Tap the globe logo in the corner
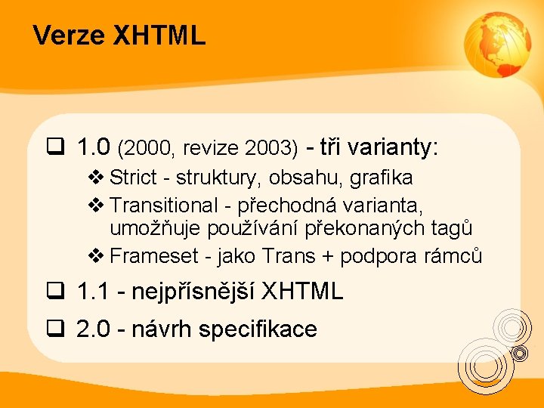[x=496, y=46]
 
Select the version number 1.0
[x=94, y=147]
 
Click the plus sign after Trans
[x=327, y=258]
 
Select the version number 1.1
[x=94, y=291]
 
